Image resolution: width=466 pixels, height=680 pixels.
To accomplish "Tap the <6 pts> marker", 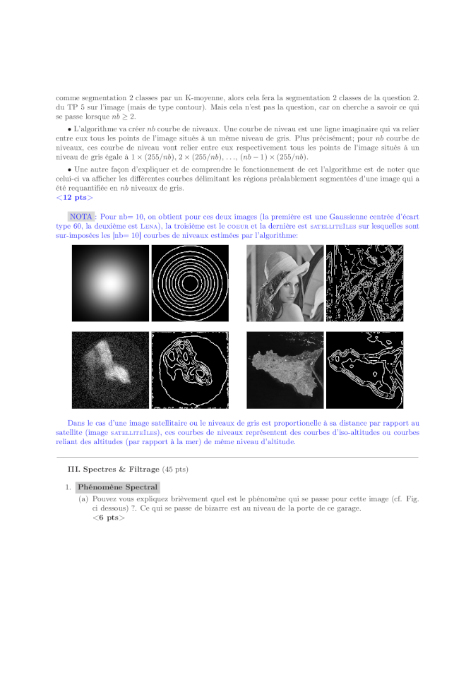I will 108,518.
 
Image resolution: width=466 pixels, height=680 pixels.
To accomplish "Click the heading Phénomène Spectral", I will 118,487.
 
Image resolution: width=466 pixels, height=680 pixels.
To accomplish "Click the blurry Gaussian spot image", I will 110,283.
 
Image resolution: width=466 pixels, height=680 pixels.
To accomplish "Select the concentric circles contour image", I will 189,283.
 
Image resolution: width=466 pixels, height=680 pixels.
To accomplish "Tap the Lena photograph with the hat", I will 285,283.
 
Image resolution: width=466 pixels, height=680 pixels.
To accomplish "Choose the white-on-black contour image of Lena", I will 364,283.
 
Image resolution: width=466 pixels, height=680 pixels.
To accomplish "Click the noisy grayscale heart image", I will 110,370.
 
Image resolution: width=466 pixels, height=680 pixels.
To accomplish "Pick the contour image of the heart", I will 189,370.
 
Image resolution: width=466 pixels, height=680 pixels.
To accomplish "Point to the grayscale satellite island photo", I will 285,370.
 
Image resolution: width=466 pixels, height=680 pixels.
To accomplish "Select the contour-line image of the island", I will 364,370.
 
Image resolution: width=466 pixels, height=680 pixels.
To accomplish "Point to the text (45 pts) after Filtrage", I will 175,469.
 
